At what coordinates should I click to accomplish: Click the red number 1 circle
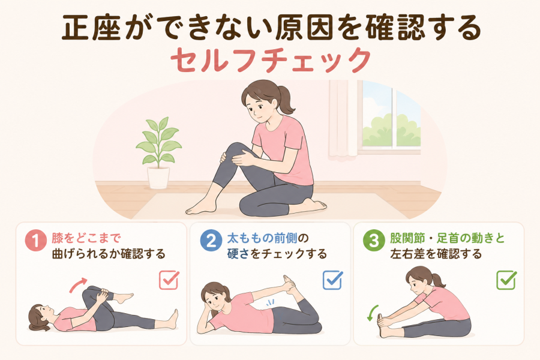click(35, 240)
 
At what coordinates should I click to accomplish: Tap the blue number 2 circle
click(211, 240)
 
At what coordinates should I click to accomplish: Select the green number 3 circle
click(374, 240)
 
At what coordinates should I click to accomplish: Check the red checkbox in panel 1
click(169, 280)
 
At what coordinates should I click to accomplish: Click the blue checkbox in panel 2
click(332, 280)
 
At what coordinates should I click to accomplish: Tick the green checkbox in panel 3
click(506, 280)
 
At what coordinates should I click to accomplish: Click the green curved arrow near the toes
click(372, 313)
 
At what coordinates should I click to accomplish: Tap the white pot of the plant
click(158, 178)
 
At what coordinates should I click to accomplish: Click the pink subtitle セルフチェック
click(271, 61)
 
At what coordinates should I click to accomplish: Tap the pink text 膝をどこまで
click(86, 238)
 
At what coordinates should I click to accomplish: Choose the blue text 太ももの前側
click(262, 238)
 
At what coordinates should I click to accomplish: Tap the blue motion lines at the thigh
click(269, 303)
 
